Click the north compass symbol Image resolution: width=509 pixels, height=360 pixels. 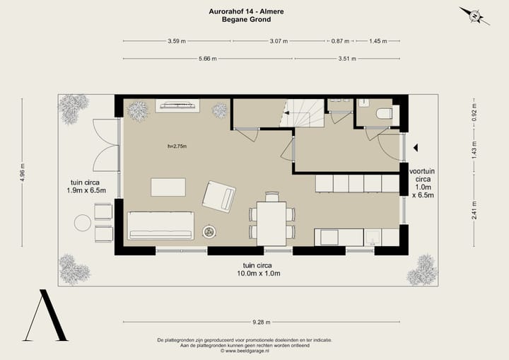(474, 16)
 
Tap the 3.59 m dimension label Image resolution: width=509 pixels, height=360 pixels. (177, 41)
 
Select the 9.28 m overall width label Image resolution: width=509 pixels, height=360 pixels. (262, 323)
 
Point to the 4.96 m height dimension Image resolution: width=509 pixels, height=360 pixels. (22, 172)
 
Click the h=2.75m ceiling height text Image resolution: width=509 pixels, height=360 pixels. (177, 146)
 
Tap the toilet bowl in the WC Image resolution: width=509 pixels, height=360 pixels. (384, 114)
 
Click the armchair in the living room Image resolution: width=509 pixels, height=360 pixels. (219, 197)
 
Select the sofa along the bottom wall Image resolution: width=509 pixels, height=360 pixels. (160, 226)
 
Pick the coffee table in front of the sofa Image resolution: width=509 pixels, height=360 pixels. (168, 187)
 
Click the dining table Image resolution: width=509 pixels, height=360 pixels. (271, 223)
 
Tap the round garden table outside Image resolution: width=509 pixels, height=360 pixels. (83, 223)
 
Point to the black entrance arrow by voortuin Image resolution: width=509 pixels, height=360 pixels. (416, 148)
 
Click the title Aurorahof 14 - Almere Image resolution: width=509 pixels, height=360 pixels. (247, 11)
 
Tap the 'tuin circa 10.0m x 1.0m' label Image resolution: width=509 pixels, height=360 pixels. (259, 269)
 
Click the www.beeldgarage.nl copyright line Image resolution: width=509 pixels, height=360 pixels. (245, 351)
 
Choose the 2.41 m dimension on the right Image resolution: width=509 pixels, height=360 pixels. (474, 210)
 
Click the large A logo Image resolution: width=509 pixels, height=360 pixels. (45, 315)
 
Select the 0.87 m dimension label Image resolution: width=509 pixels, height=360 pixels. (340, 41)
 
